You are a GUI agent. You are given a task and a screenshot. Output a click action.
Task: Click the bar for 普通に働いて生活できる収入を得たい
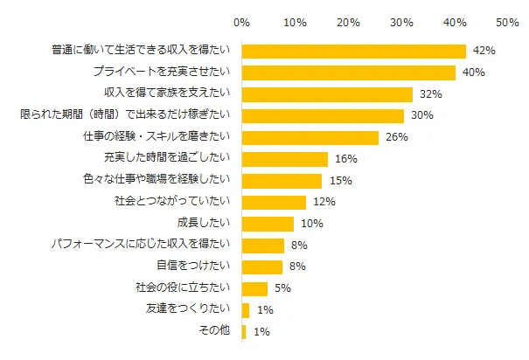[x=353, y=51]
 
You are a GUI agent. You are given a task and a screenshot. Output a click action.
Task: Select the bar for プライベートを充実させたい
[x=348, y=73]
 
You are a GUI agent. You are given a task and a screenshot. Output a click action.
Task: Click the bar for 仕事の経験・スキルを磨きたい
[x=310, y=137]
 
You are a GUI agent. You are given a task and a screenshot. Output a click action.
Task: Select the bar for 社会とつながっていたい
[x=274, y=202]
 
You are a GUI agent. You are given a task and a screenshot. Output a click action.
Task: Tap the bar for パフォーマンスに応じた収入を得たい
[x=263, y=245]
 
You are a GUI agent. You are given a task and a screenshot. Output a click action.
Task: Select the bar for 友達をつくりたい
[x=246, y=309]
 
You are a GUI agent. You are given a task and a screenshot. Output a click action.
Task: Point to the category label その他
[x=214, y=331]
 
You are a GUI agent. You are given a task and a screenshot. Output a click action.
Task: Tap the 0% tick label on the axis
[x=242, y=20]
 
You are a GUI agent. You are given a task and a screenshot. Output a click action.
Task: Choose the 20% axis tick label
[x=349, y=20]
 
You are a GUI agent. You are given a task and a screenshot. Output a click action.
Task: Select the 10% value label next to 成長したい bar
[x=310, y=223]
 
